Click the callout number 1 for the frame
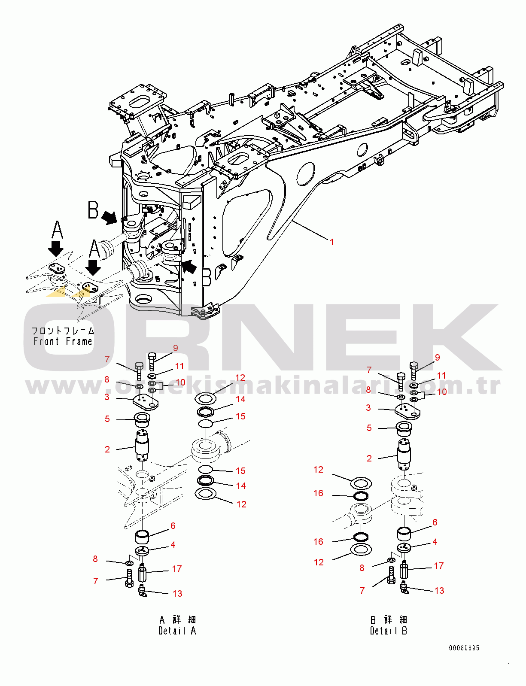pyautogui.click(x=331, y=242)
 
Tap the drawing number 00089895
pyautogui.click(x=464, y=648)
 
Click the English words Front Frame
pyautogui.click(x=63, y=342)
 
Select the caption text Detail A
pyautogui.click(x=177, y=631)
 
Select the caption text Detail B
pyautogui.click(x=388, y=631)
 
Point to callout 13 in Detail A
pyautogui.click(x=177, y=594)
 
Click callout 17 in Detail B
pyautogui.click(x=438, y=566)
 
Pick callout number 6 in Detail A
pyautogui.click(x=173, y=526)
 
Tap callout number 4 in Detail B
pyautogui.click(x=435, y=542)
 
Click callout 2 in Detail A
pyautogui.click(x=107, y=449)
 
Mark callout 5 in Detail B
pyautogui.click(x=369, y=428)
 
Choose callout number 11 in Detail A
pyautogui.click(x=179, y=366)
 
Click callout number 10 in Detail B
pyautogui.click(x=442, y=392)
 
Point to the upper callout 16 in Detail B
pyautogui.click(x=318, y=493)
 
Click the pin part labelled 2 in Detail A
pyautogui.click(x=142, y=445)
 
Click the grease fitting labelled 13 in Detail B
pyautogui.click(x=404, y=587)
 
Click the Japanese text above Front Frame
pyautogui.click(x=63, y=331)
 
